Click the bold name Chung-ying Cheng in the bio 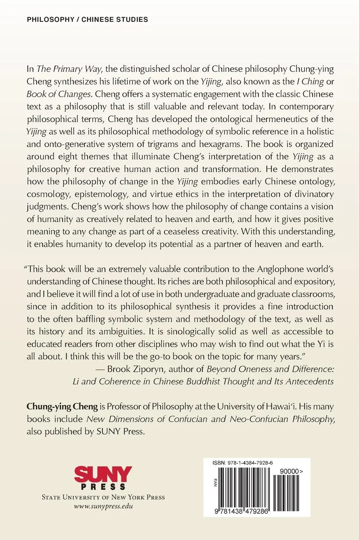point(62,406)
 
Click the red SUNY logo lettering point(103,474)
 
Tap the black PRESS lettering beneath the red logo point(103,487)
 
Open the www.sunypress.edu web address point(103,506)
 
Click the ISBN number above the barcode point(243,463)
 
